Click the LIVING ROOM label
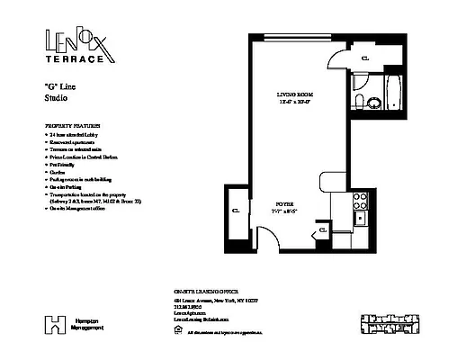tap(294, 93)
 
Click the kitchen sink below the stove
tap(359, 218)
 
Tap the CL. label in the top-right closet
tap(363, 58)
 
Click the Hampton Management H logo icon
tap(57, 322)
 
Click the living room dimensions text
tap(294, 101)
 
